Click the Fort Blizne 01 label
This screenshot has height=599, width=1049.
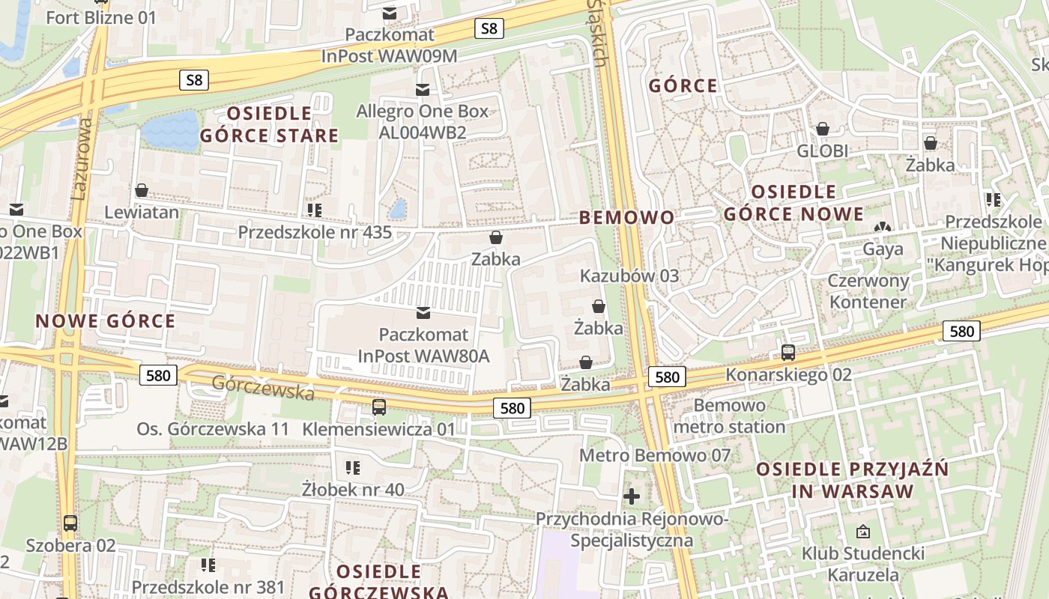(101, 17)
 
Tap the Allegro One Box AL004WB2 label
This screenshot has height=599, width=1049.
(422, 122)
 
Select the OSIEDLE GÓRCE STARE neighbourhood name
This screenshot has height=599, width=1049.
(269, 124)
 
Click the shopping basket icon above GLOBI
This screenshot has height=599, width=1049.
(822, 129)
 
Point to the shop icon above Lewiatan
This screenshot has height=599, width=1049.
(141, 191)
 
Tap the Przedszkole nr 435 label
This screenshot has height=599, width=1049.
(315, 232)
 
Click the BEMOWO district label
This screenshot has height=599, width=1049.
(626, 218)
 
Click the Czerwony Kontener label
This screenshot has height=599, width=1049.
(868, 291)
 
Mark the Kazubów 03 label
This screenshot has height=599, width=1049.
(629, 276)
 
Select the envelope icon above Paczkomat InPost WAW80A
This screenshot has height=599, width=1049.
(423, 312)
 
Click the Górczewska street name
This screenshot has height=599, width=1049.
(262, 387)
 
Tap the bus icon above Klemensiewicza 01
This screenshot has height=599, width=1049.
(379, 407)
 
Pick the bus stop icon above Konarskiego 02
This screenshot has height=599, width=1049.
(787, 352)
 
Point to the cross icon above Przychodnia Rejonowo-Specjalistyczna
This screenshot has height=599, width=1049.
(632, 496)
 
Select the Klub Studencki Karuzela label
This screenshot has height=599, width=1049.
(862, 565)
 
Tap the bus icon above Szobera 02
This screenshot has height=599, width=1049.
(70, 523)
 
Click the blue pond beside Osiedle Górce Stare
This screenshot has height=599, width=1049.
(170, 129)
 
